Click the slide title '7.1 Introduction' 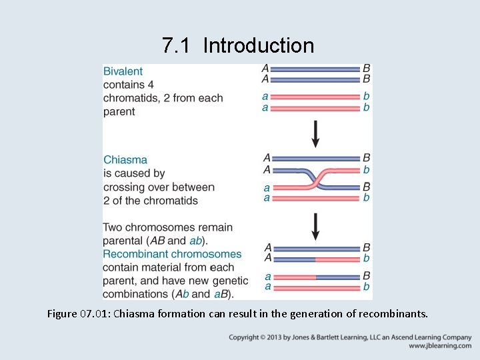coord(237,45)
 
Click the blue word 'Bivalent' coord(123,71)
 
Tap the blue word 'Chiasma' coord(125,160)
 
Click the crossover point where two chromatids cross coord(315,178)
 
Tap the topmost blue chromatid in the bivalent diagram coord(315,68)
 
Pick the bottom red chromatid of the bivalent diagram coord(315,107)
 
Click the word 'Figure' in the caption coord(63,313)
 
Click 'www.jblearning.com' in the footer coord(440,346)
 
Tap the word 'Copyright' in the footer coord(247,337)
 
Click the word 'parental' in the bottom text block coord(123,241)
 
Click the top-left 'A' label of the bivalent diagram coord(266,68)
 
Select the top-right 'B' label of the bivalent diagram coord(366,68)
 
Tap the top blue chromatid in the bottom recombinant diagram coord(315,248)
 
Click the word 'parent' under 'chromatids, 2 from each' coord(119,111)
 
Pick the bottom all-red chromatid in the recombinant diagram coord(315,287)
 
